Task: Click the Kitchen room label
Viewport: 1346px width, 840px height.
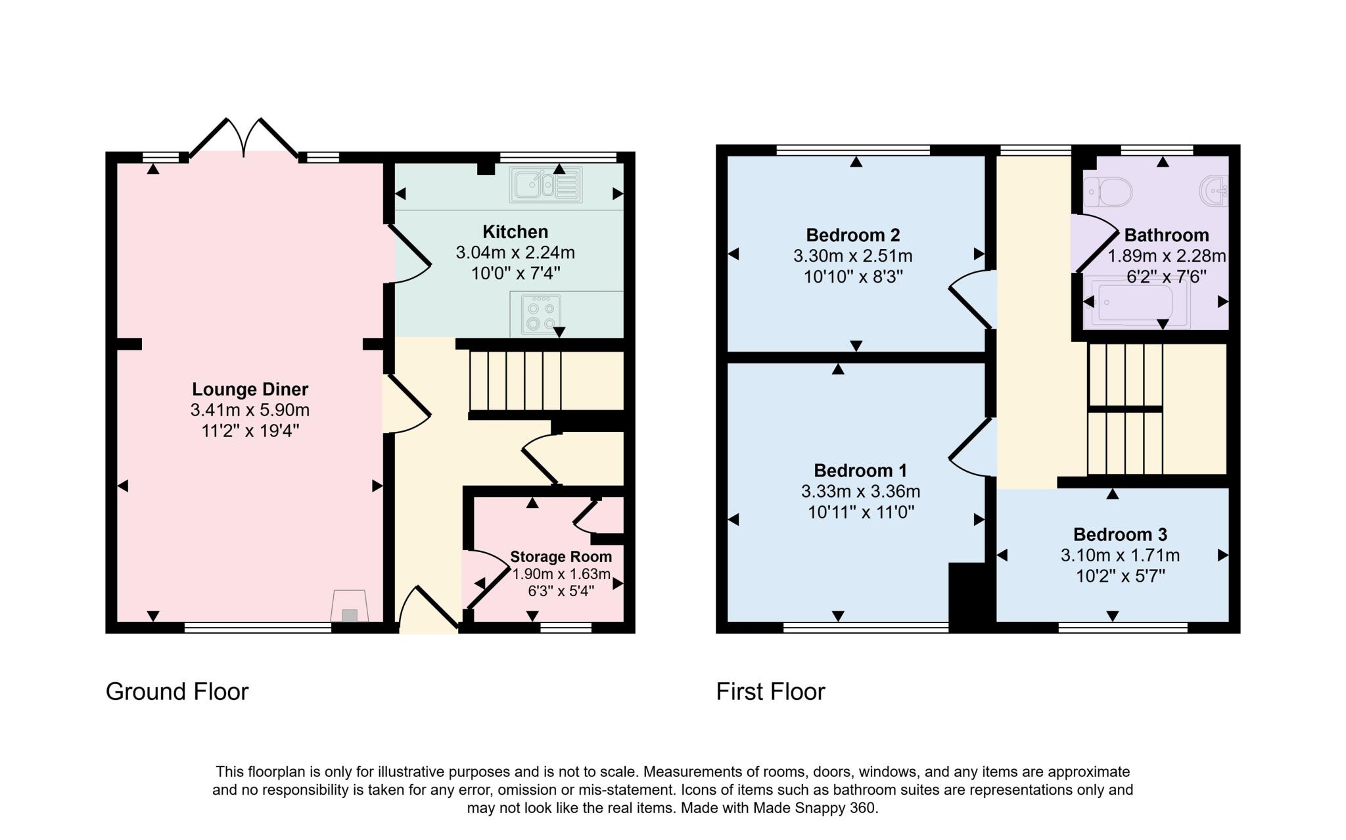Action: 515,232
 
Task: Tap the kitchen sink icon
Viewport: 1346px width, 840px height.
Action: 545,185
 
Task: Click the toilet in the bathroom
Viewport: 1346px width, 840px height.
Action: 1109,192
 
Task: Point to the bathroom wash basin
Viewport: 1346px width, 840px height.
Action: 1215,191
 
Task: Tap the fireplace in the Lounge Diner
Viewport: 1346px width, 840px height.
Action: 350,607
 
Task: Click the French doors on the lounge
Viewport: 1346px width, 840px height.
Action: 244,138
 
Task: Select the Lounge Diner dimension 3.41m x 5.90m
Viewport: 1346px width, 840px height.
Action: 250,410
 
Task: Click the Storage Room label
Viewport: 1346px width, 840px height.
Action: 561,557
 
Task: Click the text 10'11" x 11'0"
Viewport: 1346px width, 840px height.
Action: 861,512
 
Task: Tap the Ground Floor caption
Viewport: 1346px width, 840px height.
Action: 177,691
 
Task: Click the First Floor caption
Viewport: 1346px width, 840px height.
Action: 770,691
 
